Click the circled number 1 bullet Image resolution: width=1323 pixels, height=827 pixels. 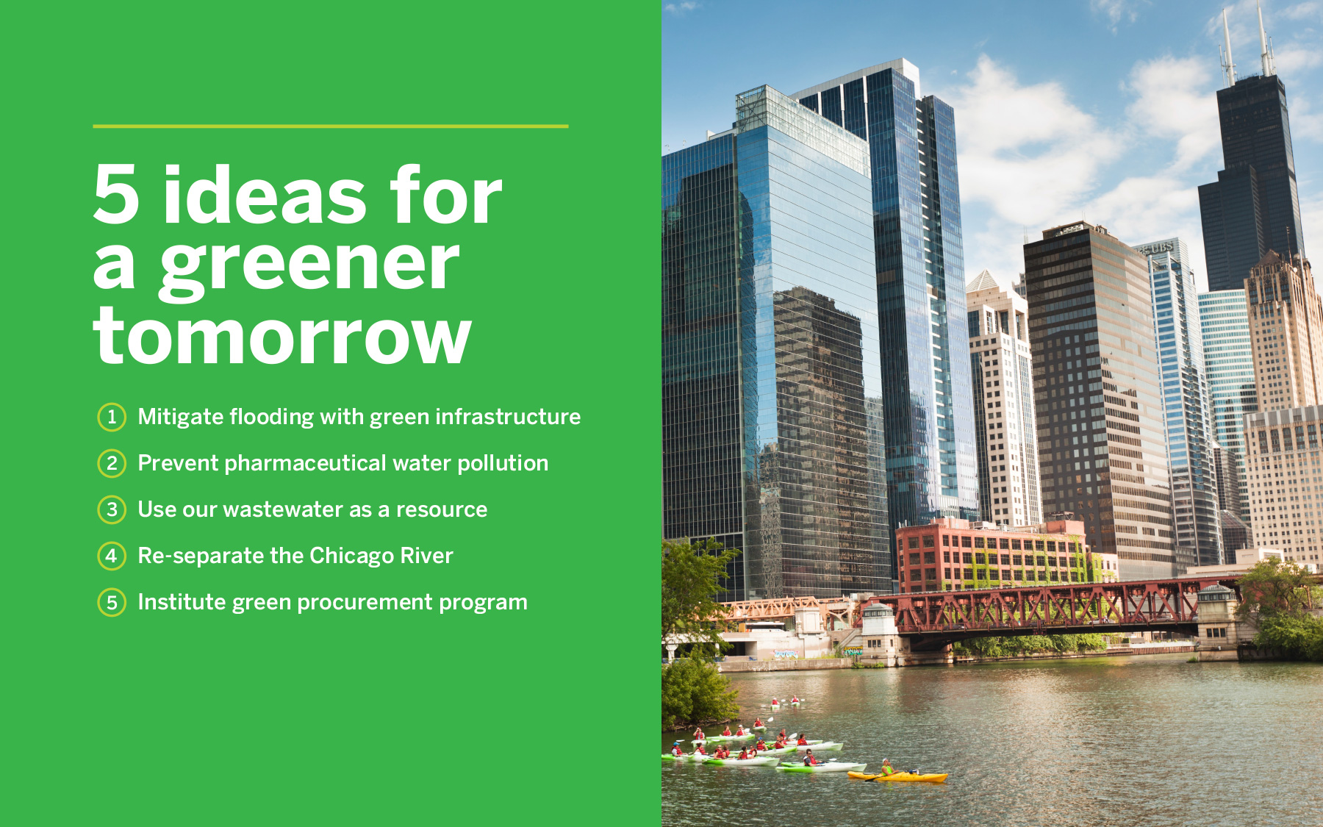[112, 417]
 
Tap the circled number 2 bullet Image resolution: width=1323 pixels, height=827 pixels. [112, 463]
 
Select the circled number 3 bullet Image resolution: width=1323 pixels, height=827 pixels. [112, 509]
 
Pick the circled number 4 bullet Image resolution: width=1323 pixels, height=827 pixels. [112, 556]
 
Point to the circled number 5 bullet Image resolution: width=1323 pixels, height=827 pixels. [112, 603]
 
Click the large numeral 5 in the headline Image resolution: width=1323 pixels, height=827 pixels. [117, 194]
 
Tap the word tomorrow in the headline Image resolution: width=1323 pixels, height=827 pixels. [282, 336]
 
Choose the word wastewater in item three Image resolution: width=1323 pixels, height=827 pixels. [283, 509]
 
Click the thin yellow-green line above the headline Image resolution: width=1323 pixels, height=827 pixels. [331, 126]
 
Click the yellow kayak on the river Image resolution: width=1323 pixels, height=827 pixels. [898, 776]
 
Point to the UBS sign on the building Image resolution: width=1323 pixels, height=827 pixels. [1158, 249]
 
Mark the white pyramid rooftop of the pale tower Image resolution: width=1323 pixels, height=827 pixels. [983, 281]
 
